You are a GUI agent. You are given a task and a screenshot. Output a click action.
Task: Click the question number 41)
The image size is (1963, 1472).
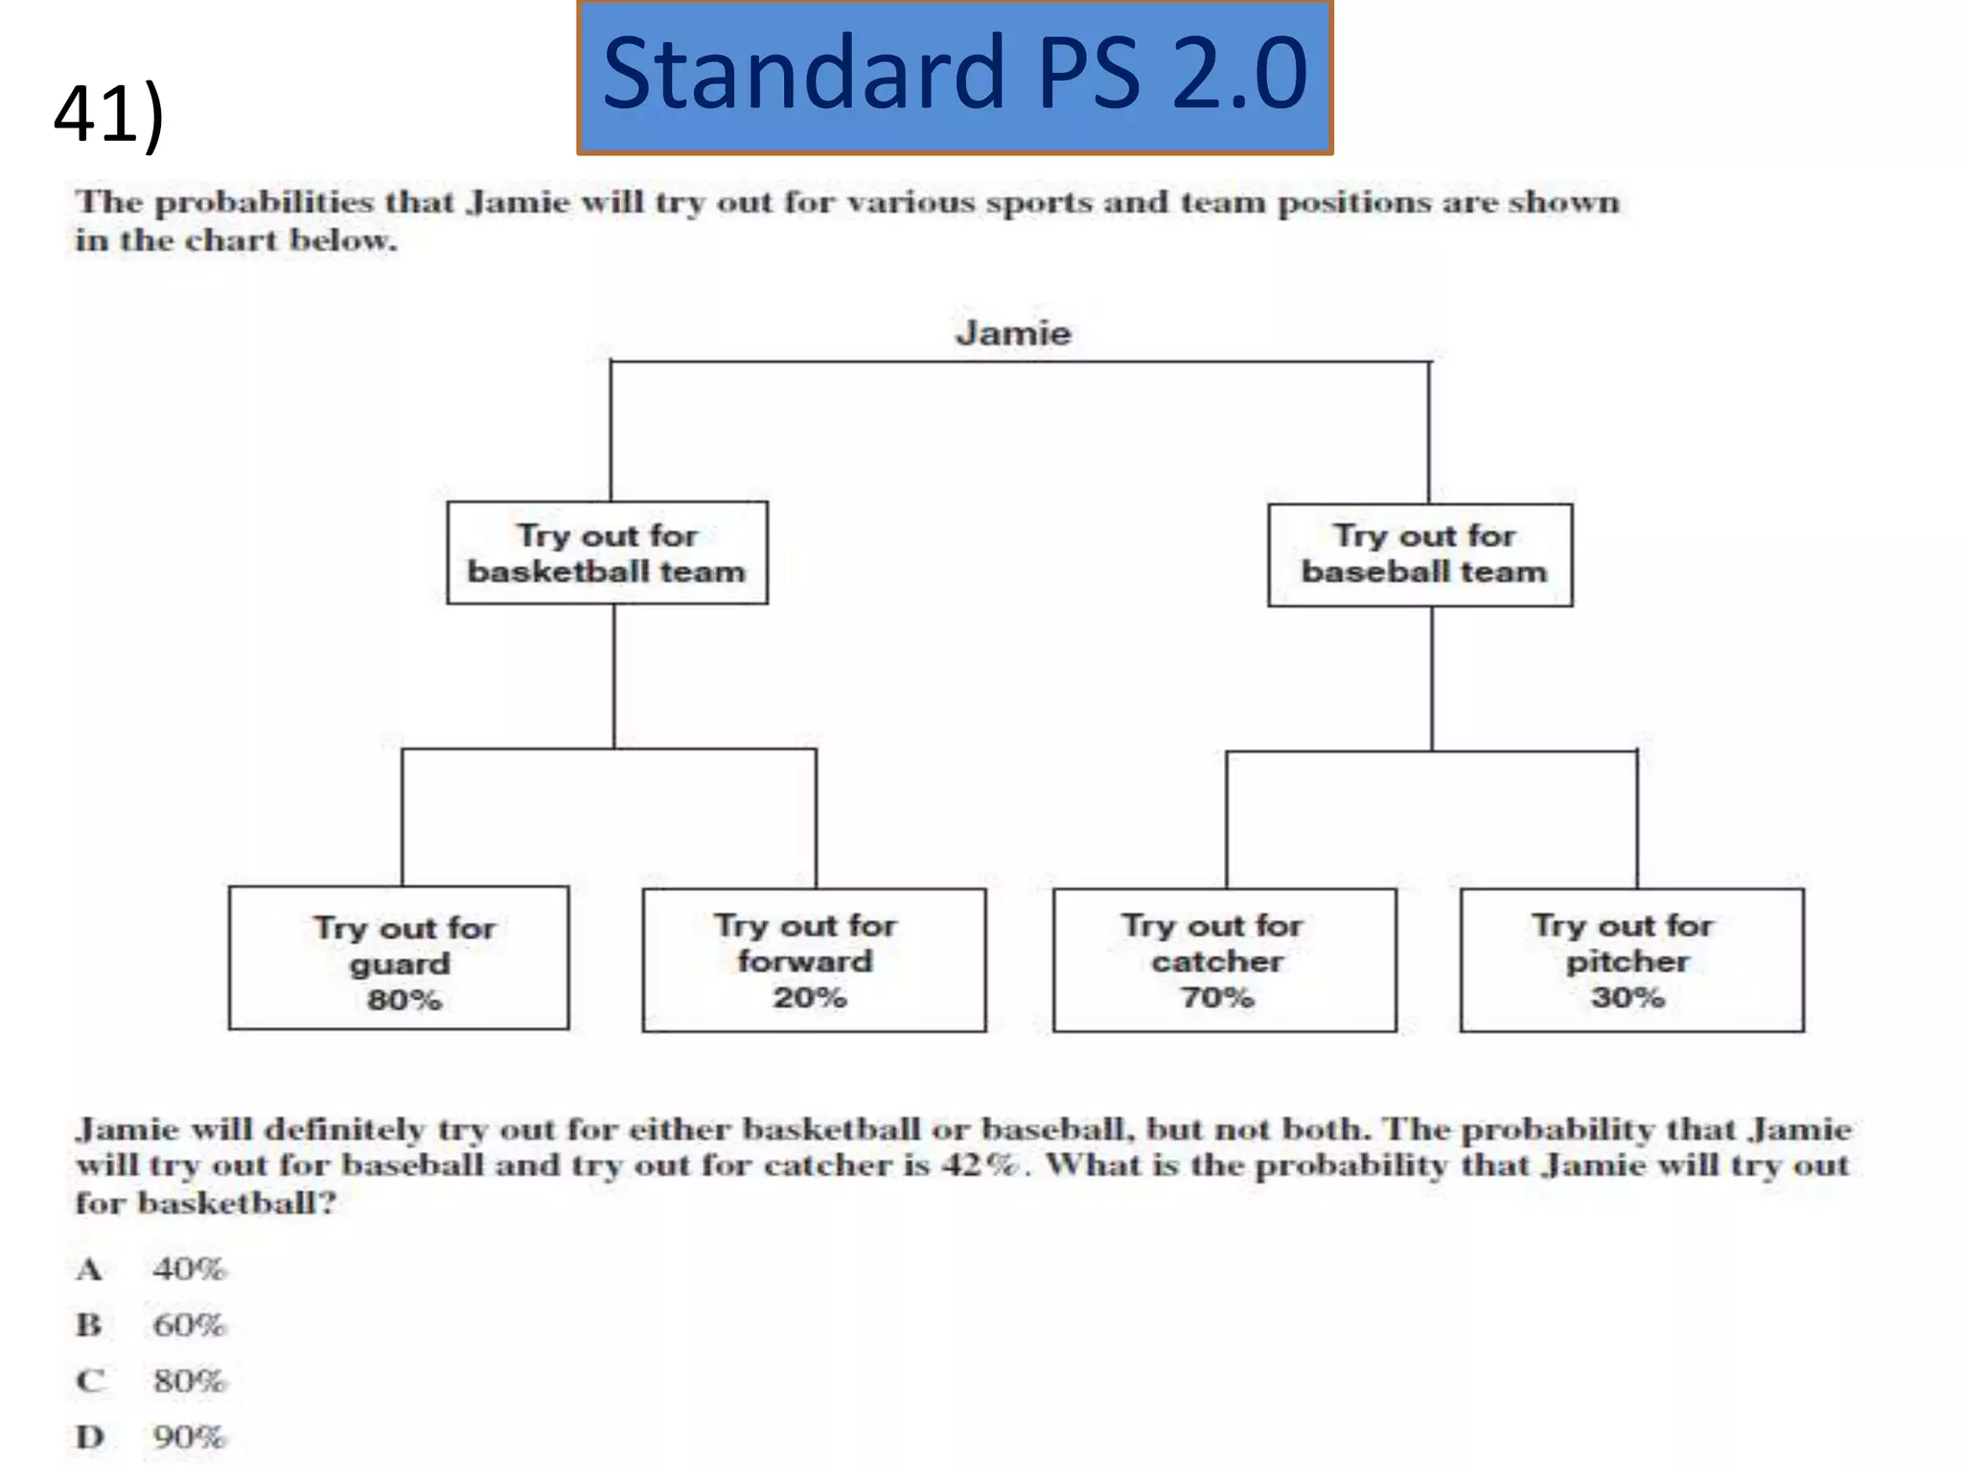tap(108, 115)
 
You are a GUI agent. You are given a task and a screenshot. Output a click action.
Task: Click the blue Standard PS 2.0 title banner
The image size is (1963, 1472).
tap(955, 77)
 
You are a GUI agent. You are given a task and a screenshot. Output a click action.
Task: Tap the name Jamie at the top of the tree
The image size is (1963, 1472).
tap(1013, 333)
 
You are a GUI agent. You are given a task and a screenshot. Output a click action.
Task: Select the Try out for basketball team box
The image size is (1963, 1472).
tap(607, 553)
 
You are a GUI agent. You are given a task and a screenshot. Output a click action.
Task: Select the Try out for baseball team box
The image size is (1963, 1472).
tap(1420, 555)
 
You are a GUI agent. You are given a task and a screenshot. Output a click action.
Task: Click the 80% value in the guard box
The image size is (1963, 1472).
tap(404, 1000)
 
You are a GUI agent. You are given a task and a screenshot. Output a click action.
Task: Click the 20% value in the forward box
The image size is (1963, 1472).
tap(810, 998)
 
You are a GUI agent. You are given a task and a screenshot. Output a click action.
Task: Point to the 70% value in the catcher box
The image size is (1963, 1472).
tap(1217, 998)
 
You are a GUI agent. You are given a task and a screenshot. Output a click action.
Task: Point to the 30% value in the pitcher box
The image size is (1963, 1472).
tap(1628, 998)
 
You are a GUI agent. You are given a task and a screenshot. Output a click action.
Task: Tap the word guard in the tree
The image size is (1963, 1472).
tap(400, 963)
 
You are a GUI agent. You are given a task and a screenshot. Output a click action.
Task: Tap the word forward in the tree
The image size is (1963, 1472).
tap(805, 961)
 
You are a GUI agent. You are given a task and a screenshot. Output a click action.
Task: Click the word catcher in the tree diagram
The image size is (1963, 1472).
tap(1217, 961)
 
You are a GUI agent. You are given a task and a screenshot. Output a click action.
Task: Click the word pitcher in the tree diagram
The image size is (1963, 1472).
tap(1628, 961)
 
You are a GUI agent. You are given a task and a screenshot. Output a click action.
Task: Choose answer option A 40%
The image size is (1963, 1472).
tap(188, 1269)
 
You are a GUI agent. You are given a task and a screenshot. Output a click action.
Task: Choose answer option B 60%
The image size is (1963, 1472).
tap(188, 1325)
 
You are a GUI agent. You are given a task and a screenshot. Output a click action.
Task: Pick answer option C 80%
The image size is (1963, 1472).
tap(188, 1381)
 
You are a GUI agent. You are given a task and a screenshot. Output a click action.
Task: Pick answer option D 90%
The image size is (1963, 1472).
tap(188, 1437)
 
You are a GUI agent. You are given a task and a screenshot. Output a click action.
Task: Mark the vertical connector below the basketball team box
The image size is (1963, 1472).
tap(614, 676)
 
